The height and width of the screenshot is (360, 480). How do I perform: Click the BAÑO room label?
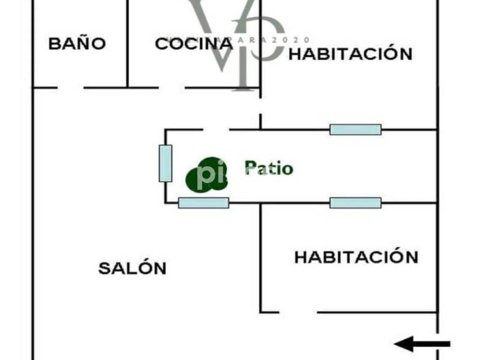(77, 44)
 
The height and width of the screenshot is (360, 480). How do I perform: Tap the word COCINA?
(193, 44)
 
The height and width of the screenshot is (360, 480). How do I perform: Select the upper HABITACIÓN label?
(351, 54)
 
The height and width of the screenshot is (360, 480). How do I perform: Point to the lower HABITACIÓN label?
(356, 257)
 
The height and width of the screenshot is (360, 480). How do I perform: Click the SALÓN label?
(132, 268)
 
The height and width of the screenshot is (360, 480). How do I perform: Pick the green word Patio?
(269, 168)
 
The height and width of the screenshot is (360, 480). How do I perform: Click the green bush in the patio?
(204, 175)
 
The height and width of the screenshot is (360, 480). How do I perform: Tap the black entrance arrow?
(422, 344)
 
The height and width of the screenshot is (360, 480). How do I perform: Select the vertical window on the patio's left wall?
(166, 163)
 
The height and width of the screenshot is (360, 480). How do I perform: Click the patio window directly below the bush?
(203, 203)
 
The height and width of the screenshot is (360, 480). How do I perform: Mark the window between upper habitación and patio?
(355, 130)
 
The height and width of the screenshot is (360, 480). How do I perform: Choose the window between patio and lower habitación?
(355, 203)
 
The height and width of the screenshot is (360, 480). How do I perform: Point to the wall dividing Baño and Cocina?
(128, 43)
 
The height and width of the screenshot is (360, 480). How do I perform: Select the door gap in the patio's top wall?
(216, 130)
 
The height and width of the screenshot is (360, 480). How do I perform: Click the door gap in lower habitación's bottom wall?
(298, 312)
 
